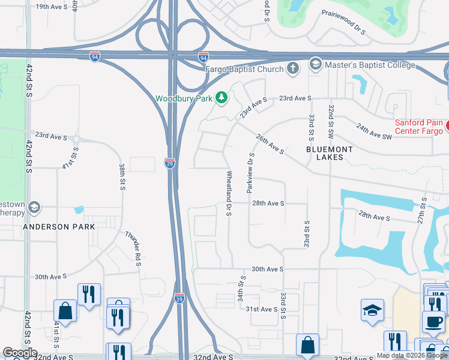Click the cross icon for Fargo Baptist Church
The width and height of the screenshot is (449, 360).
pyautogui.click(x=293, y=69)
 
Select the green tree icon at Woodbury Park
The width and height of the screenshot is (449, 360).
pyautogui.click(x=221, y=98)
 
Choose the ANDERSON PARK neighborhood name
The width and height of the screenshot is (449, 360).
pyautogui.click(x=59, y=227)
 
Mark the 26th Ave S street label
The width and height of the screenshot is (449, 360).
pyautogui.click(x=270, y=144)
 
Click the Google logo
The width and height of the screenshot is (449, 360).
pyautogui.click(x=20, y=353)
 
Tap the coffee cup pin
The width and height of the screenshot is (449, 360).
pyautogui.click(x=433, y=320)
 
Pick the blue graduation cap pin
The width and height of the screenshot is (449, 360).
pyautogui.click(x=372, y=310)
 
